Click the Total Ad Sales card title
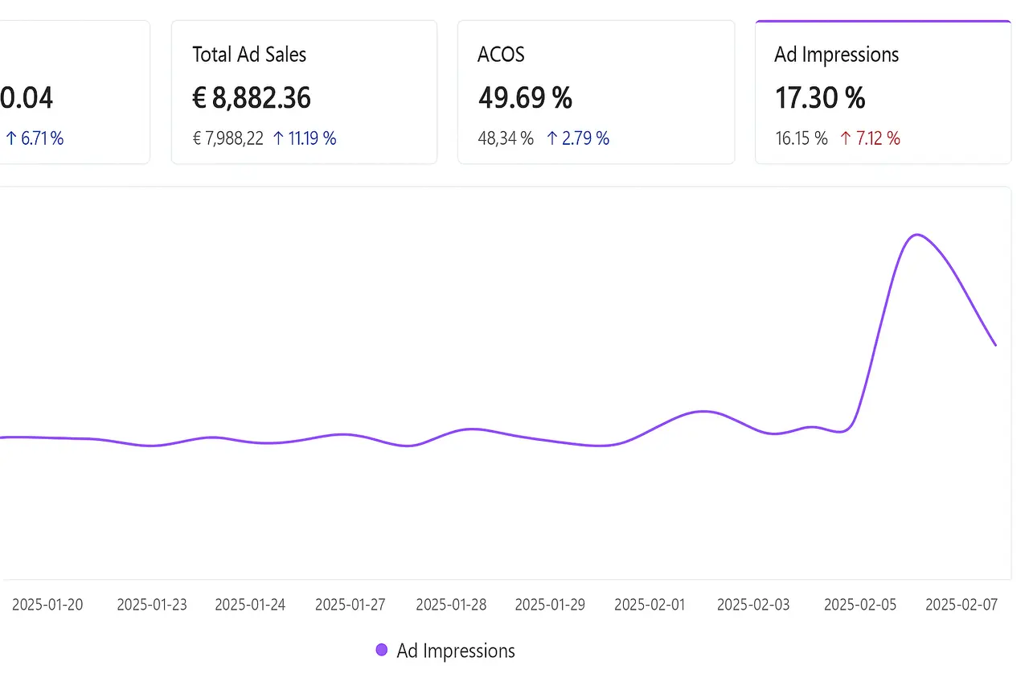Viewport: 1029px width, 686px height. coord(249,55)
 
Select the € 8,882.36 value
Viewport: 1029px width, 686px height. coord(252,98)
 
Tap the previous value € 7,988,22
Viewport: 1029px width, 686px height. coord(228,138)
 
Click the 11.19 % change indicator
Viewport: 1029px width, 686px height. coord(305,138)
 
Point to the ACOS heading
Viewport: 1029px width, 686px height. coord(501,55)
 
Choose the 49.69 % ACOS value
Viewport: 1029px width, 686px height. coord(525,98)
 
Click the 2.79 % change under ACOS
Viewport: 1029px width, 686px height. coord(578,138)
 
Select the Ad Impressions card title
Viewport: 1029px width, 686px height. coord(836,55)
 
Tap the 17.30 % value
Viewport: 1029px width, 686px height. coord(820,98)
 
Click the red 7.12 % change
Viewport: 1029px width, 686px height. coord(870,138)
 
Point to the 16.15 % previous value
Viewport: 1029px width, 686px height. coord(801,138)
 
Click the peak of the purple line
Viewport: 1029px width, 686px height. coord(916,235)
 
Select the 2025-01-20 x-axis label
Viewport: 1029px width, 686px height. coord(47,605)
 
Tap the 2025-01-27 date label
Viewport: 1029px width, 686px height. coord(350,605)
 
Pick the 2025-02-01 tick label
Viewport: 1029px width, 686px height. coord(650,605)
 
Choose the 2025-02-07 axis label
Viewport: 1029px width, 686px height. coord(961,605)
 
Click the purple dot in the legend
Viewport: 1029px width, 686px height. coord(382,650)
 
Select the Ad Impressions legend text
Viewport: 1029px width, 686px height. coord(456,651)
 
